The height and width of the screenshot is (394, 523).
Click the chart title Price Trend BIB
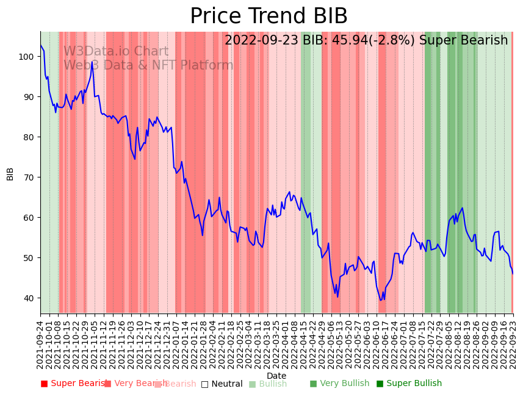pyautogui.click(x=269, y=16)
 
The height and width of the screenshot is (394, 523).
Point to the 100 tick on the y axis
pyautogui.click(x=27, y=57)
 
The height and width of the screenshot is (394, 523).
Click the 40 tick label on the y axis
pyautogui.click(x=29, y=298)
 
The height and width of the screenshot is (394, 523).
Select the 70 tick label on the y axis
pyautogui.click(x=29, y=177)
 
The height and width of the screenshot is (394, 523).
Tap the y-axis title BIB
pyautogui.click(x=10, y=173)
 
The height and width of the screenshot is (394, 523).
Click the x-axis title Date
pyautogui.click(x=276, y=376)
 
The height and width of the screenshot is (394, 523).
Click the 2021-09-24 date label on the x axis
pyautogui.click(x=40, y=345)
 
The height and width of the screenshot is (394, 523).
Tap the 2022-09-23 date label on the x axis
pyautogui.click(x=513, y=345)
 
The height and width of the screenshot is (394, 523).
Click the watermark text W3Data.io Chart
pyautogui.click(x=116, y=52)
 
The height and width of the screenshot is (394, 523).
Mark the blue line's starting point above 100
pyautogui.click(x=41, y=45)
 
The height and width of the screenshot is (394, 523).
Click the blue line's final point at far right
pyautogui.click(x=513, y=273)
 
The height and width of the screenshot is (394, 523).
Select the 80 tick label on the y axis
pyautogui.click(x=29, y=137)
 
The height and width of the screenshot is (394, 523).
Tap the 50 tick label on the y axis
pyautogui.click(x=29, y=258)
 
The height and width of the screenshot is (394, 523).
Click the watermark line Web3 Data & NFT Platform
pyautogui.click(x=148, y=65)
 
